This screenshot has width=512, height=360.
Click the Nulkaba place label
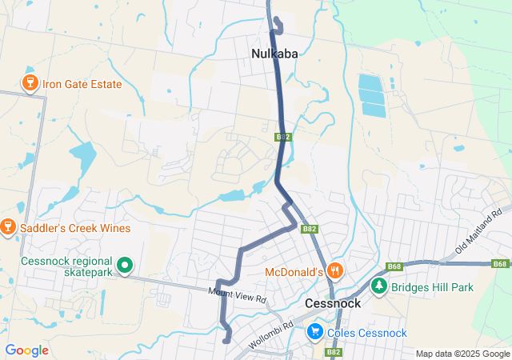click(x=274, y=54)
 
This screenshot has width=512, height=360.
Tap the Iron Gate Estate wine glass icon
click(x=30, y=83)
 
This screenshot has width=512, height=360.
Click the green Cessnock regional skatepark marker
click(x=125, y=264)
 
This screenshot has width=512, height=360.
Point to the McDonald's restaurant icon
click(x=335, y=271)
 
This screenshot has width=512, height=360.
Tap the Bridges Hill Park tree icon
click(x=379, y=286)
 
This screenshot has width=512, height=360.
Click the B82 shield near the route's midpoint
click(x=283, y=137)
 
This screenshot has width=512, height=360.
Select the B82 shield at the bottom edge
click(x=334, y=352)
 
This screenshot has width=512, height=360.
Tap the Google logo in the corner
click(x=26, y=350)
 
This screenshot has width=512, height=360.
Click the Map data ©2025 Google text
click(x=462, y=354)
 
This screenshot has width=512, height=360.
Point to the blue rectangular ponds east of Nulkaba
click(x=372, y=94)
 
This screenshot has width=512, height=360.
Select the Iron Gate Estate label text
click(x=82, y=84)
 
